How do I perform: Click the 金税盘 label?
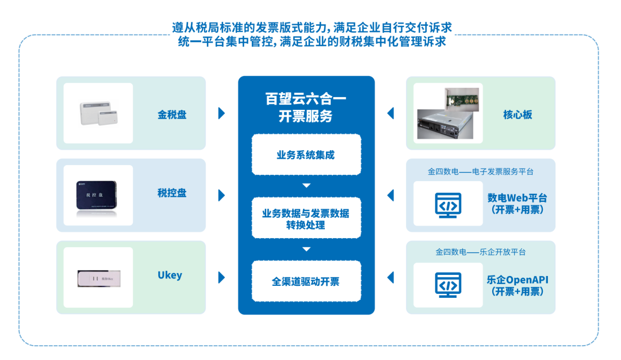coord(172,114)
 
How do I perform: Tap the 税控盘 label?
coord(172,193)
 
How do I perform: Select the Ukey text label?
coord(170,275)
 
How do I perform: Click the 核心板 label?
coord(517,114)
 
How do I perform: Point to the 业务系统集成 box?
coord(306,155)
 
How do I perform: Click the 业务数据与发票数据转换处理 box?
coord(306,219)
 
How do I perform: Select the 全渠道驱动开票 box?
coord(306,281)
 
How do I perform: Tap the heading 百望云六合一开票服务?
coord(306,108)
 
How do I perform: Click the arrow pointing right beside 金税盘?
coord(221,113)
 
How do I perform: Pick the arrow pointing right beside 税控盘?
coord(221,196)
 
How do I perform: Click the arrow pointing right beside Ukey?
coord(221,278)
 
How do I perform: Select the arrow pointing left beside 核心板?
coord(391,113)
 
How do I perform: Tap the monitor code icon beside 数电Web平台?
coord(448,205)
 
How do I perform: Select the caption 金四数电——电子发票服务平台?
coord(480,171)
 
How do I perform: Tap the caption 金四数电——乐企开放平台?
coord(480,252)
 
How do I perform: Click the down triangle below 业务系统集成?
coord(306,185)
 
